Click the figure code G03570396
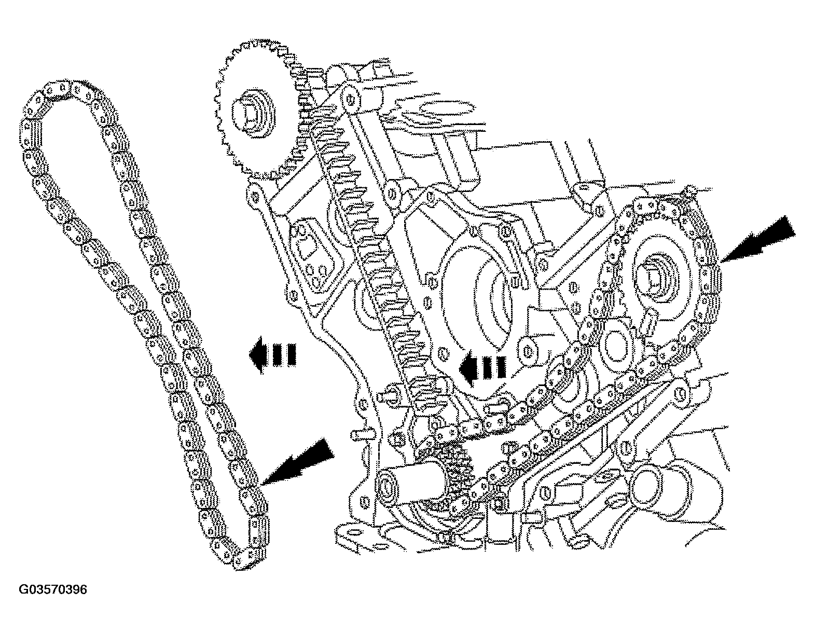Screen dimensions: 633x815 (x=53, y=590)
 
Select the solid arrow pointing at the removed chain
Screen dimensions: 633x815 (x=300, y=460)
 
